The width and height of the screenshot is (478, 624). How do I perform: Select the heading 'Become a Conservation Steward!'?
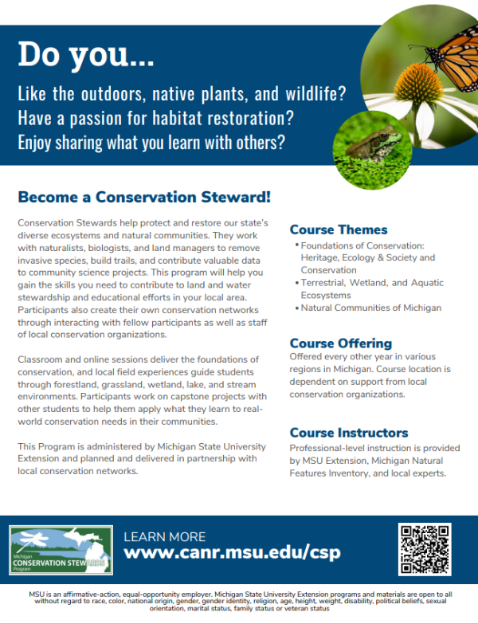point(144,196)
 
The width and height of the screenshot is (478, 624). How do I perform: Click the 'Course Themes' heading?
point(339,230)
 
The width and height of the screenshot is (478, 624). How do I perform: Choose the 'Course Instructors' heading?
point(349,433)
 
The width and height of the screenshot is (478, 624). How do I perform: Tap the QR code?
point(425,549)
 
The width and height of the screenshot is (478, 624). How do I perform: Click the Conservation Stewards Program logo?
point(61,551)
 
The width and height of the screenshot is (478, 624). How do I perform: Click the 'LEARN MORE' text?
point(165,536)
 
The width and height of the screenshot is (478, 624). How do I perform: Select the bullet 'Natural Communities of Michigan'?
point(370,308)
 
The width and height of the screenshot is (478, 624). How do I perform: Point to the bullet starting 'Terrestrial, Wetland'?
point(371,288)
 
